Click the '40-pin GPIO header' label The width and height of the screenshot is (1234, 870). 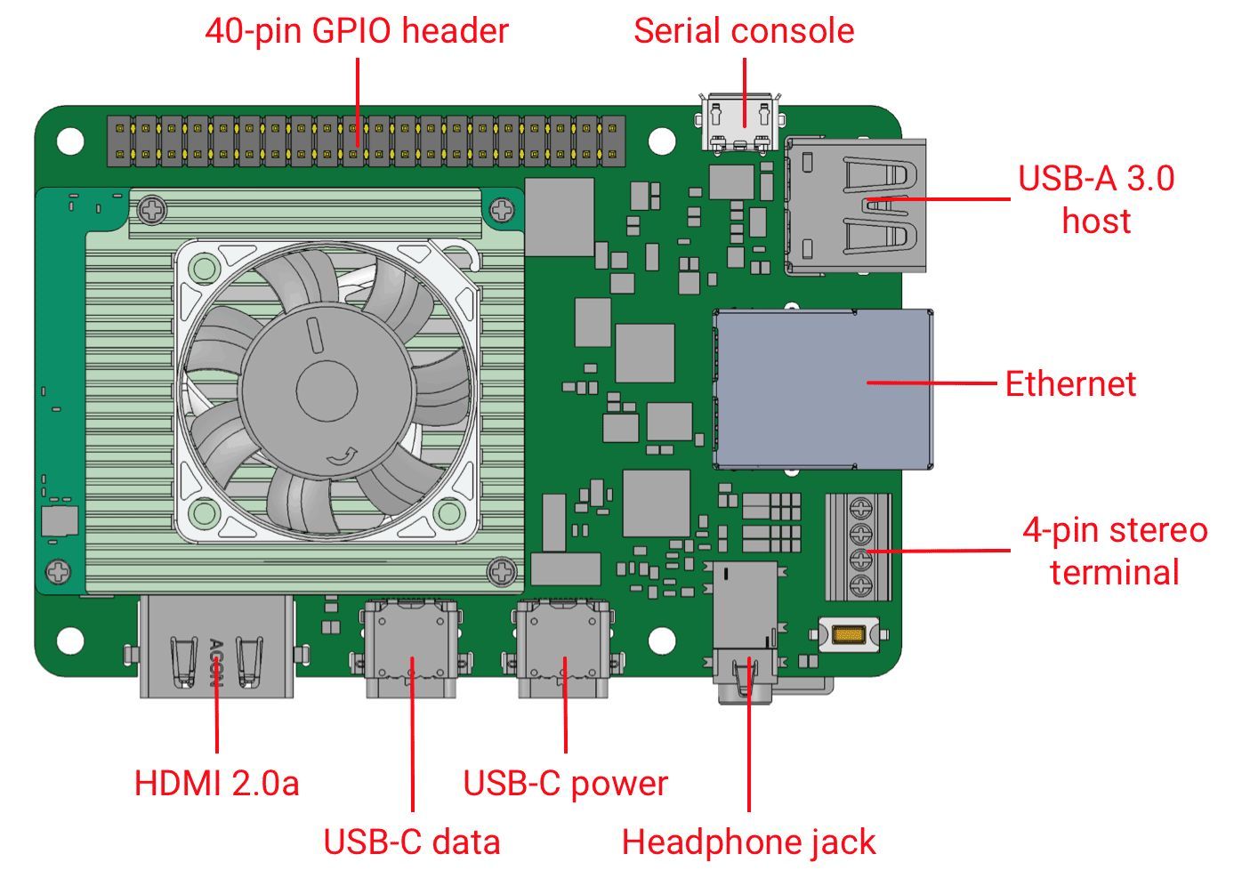(x=357, y=31)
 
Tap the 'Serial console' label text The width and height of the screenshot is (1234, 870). (x=744, y=31)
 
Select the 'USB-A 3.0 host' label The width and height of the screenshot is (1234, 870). (x=1096, y=199)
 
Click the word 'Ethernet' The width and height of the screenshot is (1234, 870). (x=1070, y=384)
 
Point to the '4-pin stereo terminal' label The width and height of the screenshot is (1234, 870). (x=1115, y=551)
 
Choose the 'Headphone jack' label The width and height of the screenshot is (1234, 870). (x=748, y=842)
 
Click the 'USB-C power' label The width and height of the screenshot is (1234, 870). (x=565, y=784)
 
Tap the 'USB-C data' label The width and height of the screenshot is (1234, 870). (x=411, y=842)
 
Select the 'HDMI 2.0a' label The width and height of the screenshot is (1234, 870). (x=216, y=784)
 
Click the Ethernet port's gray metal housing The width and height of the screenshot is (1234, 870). (x=823, y=389)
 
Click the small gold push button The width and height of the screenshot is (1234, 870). (x=849, y=635)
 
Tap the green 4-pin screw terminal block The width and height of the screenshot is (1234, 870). (x=859, y=547)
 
